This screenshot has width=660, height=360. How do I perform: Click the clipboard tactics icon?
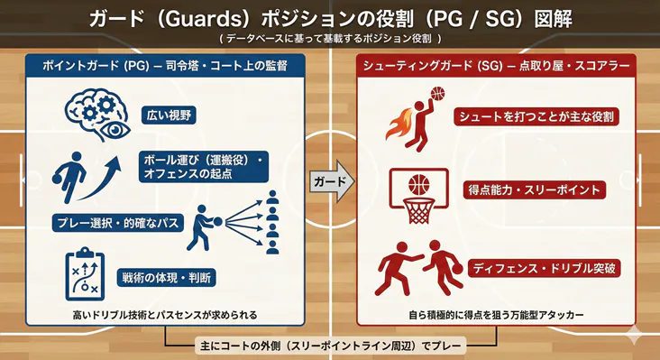click(87, 272)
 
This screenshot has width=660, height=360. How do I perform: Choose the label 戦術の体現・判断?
click(168, 277)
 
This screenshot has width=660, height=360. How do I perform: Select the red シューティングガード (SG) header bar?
click(497, 66)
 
